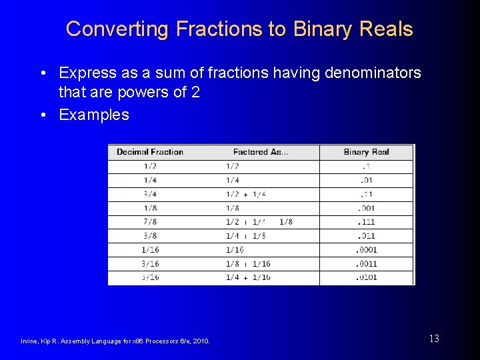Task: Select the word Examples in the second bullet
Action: click(94, 115)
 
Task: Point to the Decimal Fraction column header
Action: click(150, 152)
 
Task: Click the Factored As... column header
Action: click(261, 152)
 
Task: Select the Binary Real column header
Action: click(366, 152)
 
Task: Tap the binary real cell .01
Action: click(366, 180)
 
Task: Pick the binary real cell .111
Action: click(366, 222)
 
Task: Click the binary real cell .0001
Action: click(366, 250)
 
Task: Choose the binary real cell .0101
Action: click(366, 277)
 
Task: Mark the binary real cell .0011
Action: click(366, 264)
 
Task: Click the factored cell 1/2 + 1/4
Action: click(245, 194)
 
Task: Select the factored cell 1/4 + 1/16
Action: click(248, 277)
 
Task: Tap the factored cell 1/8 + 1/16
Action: click(248, 264)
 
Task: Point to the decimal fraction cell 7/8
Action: click(150, 222)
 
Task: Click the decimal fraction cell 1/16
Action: click(150, 250)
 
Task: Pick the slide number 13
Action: click(434, 339)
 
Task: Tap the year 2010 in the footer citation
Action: click(201, 341)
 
